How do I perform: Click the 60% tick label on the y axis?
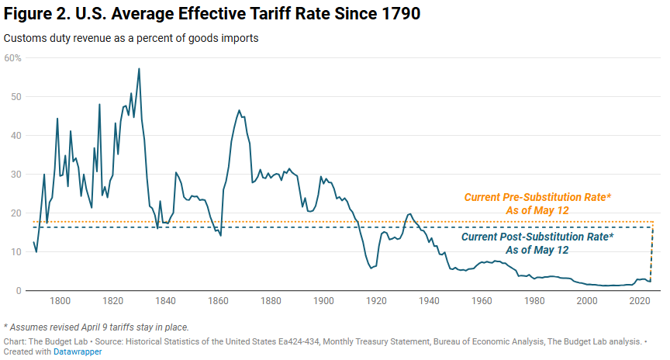point(13,57)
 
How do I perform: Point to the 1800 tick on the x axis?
point(60,301)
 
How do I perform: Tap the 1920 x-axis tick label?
point(376,301)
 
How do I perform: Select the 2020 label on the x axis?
point(640,301)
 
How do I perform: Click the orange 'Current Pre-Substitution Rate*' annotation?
point(537,198)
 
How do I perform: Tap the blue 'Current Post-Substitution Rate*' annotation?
point(537,236)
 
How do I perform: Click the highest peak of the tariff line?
point(139,69)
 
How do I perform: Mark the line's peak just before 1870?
point(239,110)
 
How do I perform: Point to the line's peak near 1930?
point(409,214)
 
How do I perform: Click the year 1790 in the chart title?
point(397,16)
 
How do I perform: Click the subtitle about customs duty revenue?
point(131,37)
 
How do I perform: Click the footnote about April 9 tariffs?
point(96,326)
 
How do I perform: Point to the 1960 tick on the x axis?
point(482,301)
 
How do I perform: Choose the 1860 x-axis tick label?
point(218,301)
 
